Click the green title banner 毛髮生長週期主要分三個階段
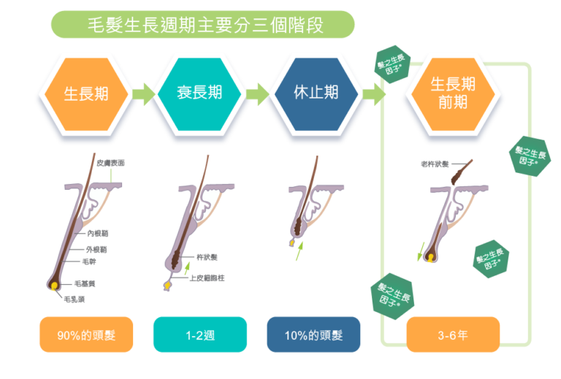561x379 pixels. pos(202,24)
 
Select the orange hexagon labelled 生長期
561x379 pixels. pos(85,93)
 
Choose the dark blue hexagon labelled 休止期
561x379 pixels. pos(316,93)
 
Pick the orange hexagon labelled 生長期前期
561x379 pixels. pos(453,93)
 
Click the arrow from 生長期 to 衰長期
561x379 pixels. pos(143,93)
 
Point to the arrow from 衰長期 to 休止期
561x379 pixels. pos(258,93)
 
